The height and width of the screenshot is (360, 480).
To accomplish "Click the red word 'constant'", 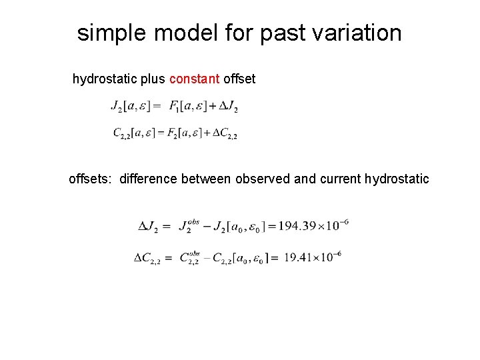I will coord(195,79).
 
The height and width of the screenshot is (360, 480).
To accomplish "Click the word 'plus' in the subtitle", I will coord(153,79).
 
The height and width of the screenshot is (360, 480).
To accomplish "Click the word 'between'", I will coord(211,179).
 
